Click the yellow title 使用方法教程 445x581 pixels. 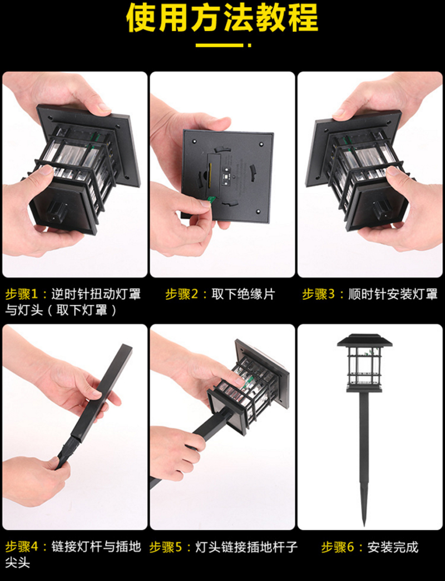(222, 17)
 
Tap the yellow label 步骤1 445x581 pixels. (22, 294)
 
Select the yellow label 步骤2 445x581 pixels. (181, 294)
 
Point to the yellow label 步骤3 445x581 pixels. (318, 294)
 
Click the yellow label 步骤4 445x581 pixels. (22, 546)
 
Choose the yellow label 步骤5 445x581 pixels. (166, 547)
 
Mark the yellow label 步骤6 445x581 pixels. (338, 547)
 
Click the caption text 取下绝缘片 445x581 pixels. (243, 294)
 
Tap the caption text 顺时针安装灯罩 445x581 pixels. (393, 294)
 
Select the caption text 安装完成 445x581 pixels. (393, 547)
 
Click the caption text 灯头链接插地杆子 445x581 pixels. (246, 547)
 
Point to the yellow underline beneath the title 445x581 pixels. (223, 45)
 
